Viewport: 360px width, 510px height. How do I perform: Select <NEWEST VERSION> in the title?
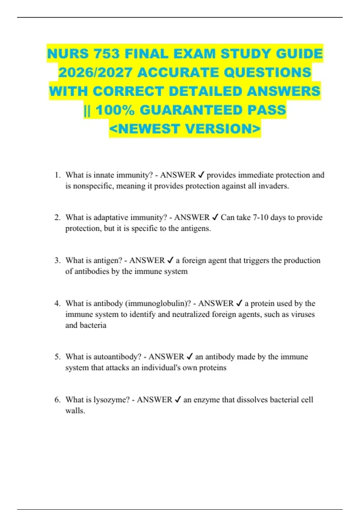(x=185, y=129)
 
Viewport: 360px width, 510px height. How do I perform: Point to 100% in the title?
(x=115, y=110)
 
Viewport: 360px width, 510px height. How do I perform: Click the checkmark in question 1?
(x=202, y=175)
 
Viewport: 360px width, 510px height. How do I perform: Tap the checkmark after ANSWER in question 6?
(x=178, y=399)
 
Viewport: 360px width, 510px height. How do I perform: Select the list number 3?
(x=57, y=260)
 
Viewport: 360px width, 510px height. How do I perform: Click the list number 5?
(x=57, y=357)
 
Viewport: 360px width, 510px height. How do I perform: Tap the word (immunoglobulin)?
(x=157, y=303)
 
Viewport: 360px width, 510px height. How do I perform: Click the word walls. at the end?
(x=75, y=411)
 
